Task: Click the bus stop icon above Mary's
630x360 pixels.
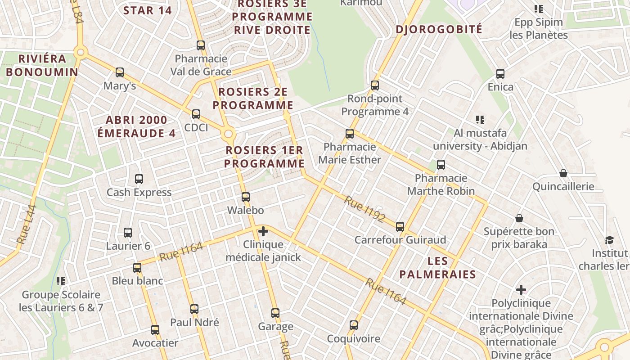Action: pyautogui.click(x=120, y=72)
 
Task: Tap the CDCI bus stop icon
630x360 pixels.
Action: pyautogui.click(x=196, y=114)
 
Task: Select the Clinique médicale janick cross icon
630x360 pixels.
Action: pyautogui.click(x=263, y=232)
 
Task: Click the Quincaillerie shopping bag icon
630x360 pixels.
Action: pyautogui.click(x=563, y=173)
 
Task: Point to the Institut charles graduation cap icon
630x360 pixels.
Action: pyautogui.click(x=609, y=240)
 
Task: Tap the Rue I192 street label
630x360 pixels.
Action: pyautogui.click(x=365, y=209)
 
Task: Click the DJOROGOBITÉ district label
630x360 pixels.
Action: pyautogui.click(x=439, y=30)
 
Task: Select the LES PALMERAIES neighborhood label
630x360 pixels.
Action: pyautogui.click(x=437, y=268)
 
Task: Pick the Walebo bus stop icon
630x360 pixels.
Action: pyautogui.click(x=246, y=197)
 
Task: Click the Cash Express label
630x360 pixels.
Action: pyautogui.click(x=139, y=193)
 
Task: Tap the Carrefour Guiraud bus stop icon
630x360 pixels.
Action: pyautogui.click(x=400, y=226)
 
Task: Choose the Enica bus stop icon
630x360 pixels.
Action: pyautogui.click(x=500, y=74)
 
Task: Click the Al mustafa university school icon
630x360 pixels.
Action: pyautogui.click(x=480, y=120)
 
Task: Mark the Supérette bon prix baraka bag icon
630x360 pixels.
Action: pyautogui.click(x=519, y=218)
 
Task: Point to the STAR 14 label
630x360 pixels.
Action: pyautogui.click(x=148, y=10)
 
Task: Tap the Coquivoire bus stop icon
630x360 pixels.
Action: pyautogui.click(x=354, y=325)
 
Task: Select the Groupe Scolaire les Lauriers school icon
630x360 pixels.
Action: pyautogui.click(x=61, y=281)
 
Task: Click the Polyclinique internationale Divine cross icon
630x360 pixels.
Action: pyautogui.click(x=521, y=290)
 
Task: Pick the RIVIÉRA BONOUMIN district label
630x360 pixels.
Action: pyautogui.click(x=42, y=65)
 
